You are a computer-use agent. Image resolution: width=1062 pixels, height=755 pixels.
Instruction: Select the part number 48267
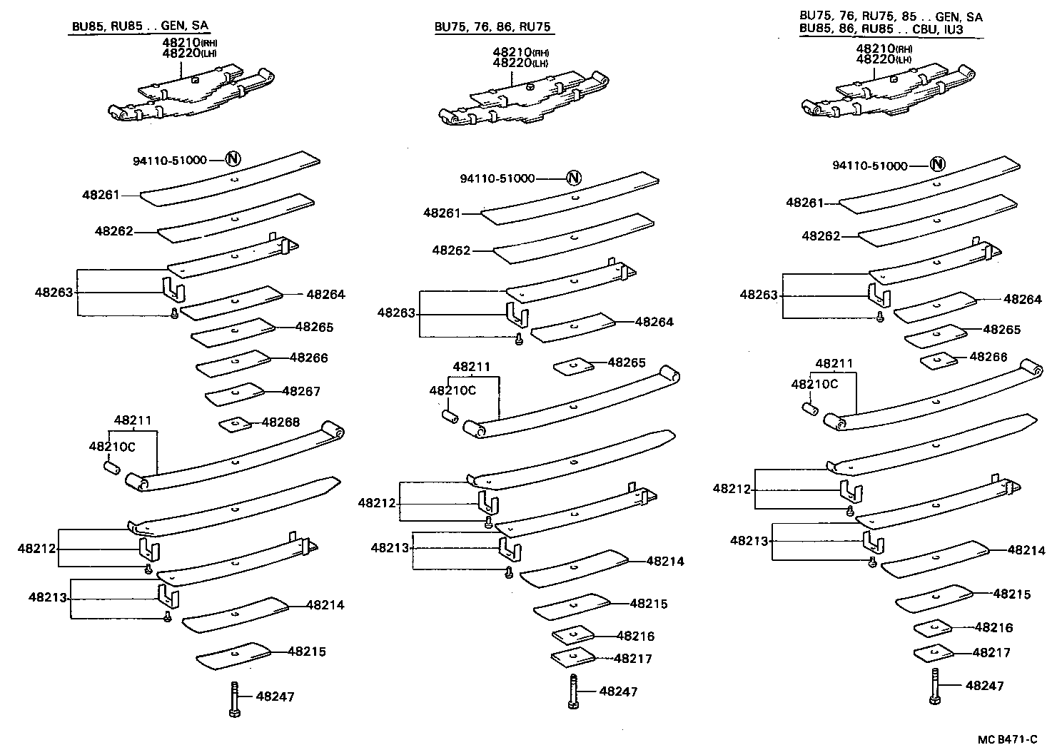pyautogui.click(x=301, y=391)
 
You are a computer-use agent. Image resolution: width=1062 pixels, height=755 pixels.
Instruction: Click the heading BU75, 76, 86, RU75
pyautogui.click(x=493, y=28)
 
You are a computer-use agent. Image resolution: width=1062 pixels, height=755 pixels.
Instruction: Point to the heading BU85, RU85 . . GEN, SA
pyautogui.click(x=140, y=26)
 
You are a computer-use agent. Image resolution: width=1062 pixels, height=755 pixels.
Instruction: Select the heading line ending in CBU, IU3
pyautogui.click(x=891, y=30)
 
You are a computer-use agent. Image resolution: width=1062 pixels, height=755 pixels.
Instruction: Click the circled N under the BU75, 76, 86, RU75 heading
pyautogui.click(x=574, y=178)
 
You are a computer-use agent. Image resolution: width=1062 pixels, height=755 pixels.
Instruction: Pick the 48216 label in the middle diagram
pyautogui.click(x=635, y=636)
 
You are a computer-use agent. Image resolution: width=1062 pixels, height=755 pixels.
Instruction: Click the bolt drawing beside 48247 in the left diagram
pyautogui.click(x=234, y=697)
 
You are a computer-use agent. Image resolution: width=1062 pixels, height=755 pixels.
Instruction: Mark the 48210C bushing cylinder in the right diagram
pyautogui.click(x=810, y=409)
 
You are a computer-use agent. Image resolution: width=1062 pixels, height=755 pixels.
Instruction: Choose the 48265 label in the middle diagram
pyautogui.click(x=627, y=363)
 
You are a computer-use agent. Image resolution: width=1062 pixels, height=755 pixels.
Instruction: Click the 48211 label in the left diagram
pyautogui.click(x=133, y=420)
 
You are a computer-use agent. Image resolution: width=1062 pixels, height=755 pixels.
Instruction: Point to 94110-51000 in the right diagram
pyautogui.click(x=869, y=166)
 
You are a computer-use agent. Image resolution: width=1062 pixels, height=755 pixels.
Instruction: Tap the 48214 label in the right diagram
pyautogui.click(x=1026, y=550)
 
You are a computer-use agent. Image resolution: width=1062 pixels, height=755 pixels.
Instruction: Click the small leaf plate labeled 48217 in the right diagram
pyautogui.click(x=933, y=653)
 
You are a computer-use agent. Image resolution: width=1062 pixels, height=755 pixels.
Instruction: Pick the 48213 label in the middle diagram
pyautogui.click(x=390, y=547)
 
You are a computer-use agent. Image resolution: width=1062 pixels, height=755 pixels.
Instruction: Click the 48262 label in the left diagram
pyautogui.click(x=114, y=231)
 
